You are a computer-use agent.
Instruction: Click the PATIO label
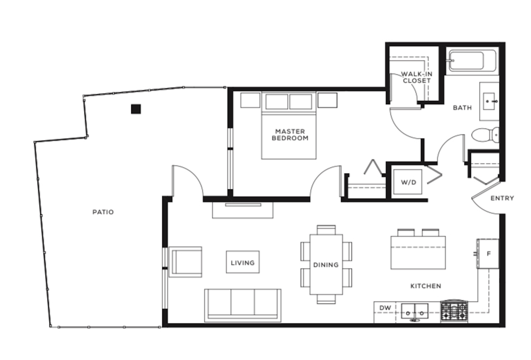click(x=103, y=212)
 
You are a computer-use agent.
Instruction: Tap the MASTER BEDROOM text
click(x=290, y=135)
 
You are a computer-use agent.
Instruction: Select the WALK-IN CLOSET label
click(x=417, y=77)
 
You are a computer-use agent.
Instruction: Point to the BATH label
click(x=462, y=108)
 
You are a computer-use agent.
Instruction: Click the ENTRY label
click(x=502, y=198)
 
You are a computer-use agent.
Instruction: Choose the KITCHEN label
click(x=426, y=286)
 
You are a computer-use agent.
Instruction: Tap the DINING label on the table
click(x=326, y=265)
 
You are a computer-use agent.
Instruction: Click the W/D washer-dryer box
click(x=408, y=182)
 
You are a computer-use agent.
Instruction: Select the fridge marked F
click(x=489, y=254)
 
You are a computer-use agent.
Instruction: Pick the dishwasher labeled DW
click(x=385, y=312)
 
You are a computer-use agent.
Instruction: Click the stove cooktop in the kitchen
click(x=454, y=311)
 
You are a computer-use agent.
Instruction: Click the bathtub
click(x=473, y=61)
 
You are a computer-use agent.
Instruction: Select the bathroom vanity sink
click(x=489, y=101)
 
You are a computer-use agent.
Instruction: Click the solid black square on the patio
click(x=136, y=109)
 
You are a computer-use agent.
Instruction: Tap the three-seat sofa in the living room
click(x=243, y=306)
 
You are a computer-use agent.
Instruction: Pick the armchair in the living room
click(x=185, y=262)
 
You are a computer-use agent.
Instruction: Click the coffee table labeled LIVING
click(x=243, y=262)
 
